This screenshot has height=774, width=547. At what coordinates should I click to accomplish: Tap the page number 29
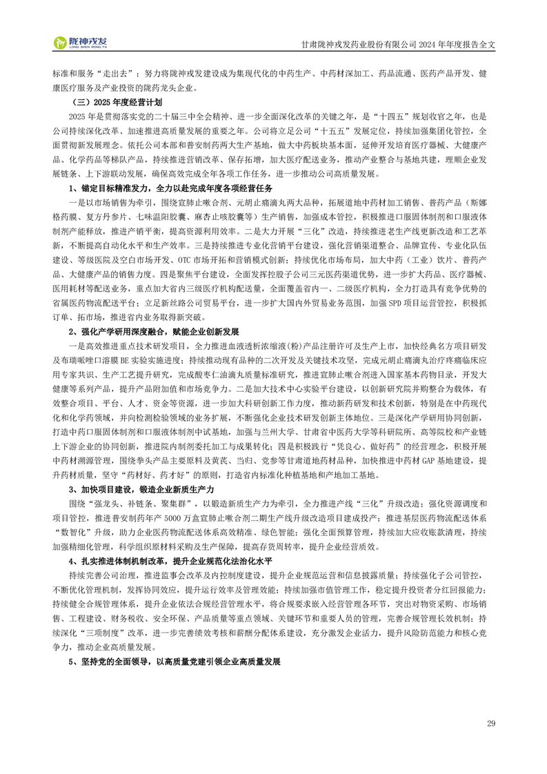(x=491, y=723)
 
